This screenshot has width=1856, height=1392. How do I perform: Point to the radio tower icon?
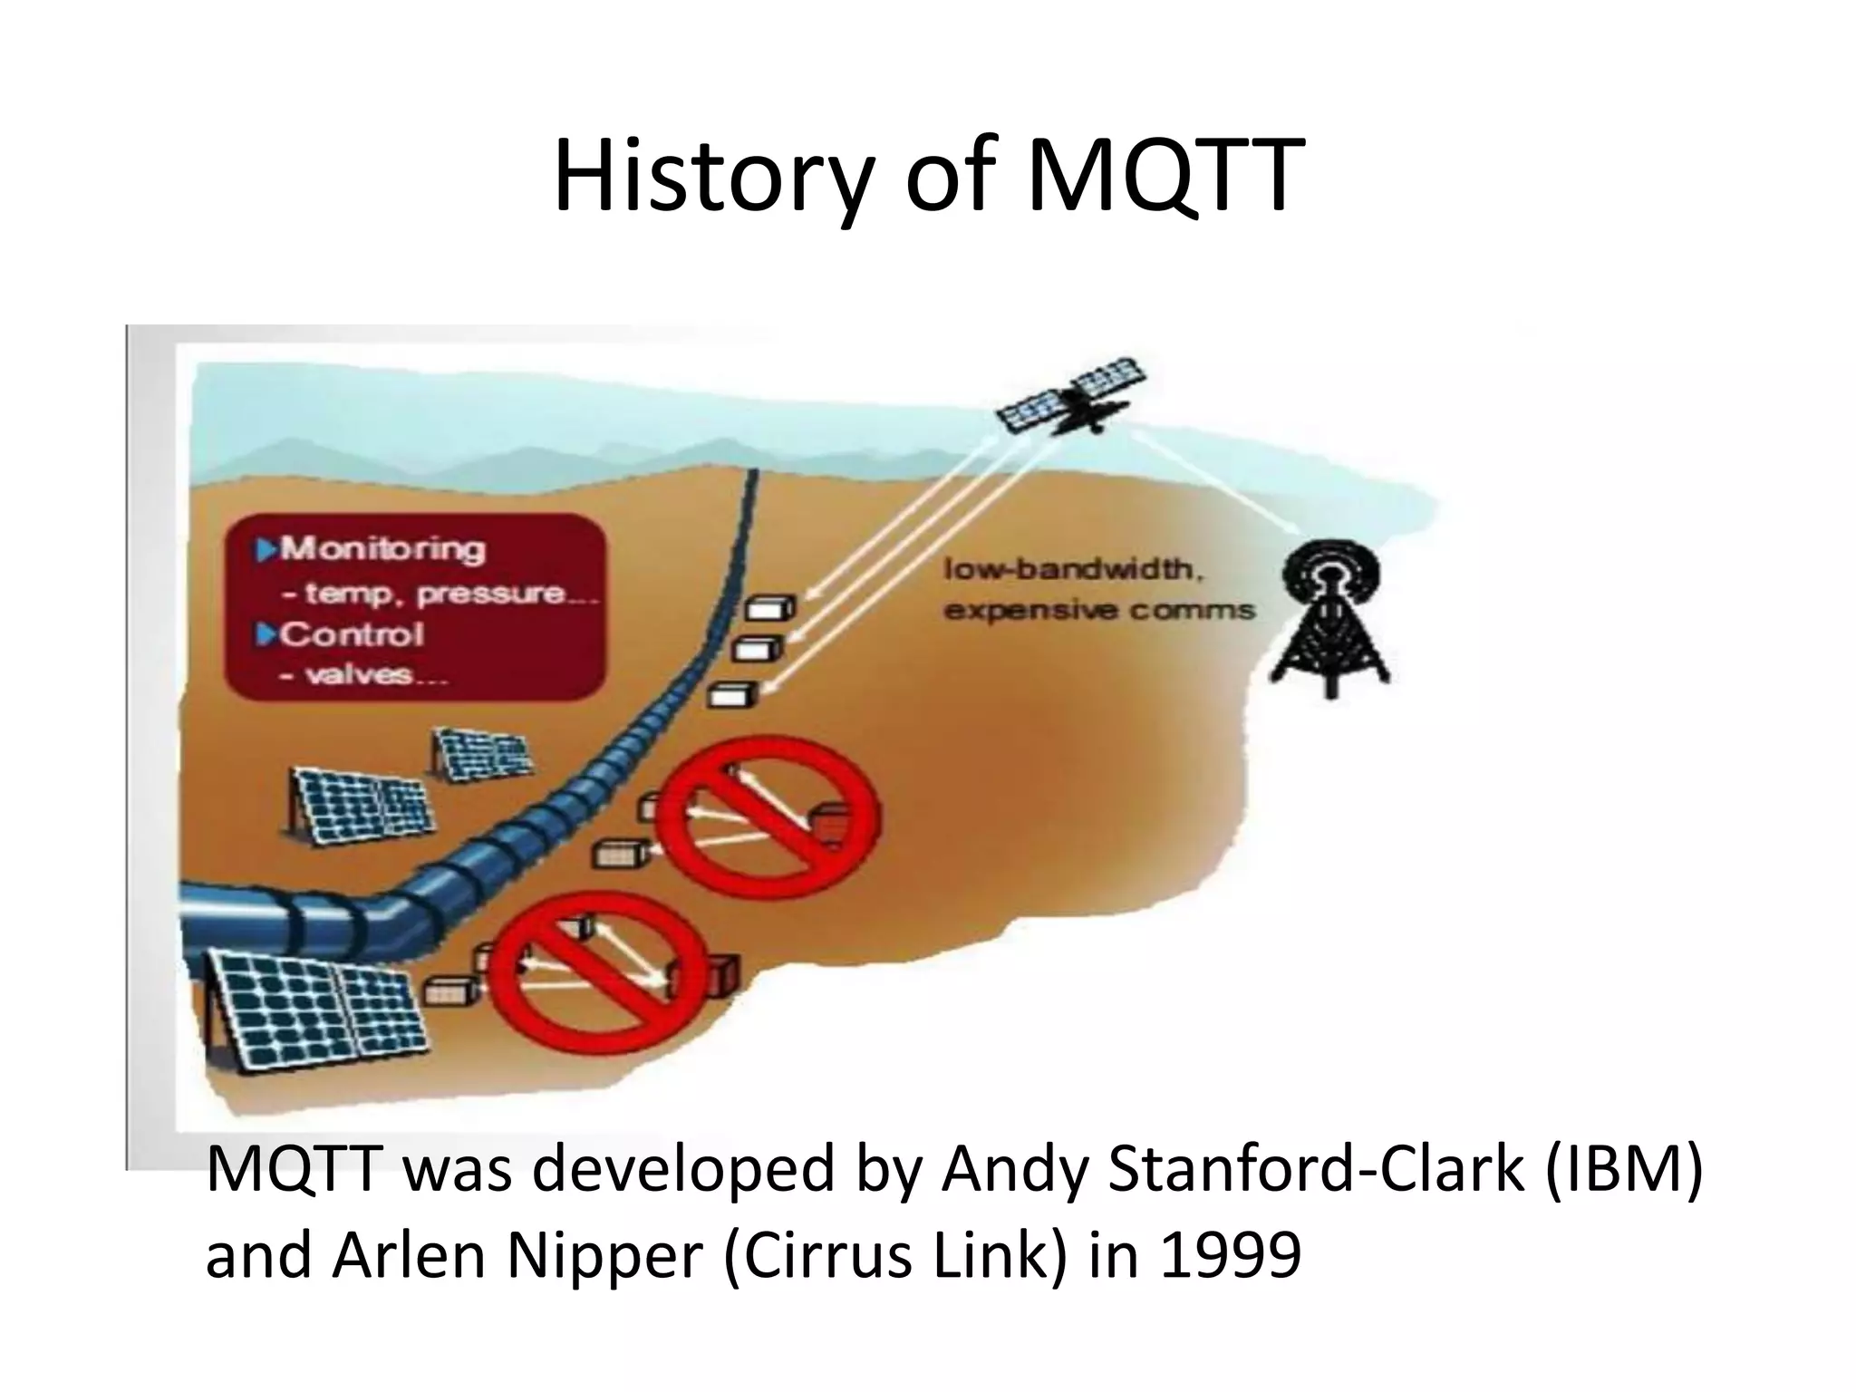point(1330,616)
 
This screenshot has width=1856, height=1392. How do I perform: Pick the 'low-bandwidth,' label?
point(1074,569)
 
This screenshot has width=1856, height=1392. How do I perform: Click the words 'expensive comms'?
point(1099,610)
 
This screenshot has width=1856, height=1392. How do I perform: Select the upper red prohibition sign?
point(767,818)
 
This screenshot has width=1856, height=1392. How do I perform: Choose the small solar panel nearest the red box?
point(481,753)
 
